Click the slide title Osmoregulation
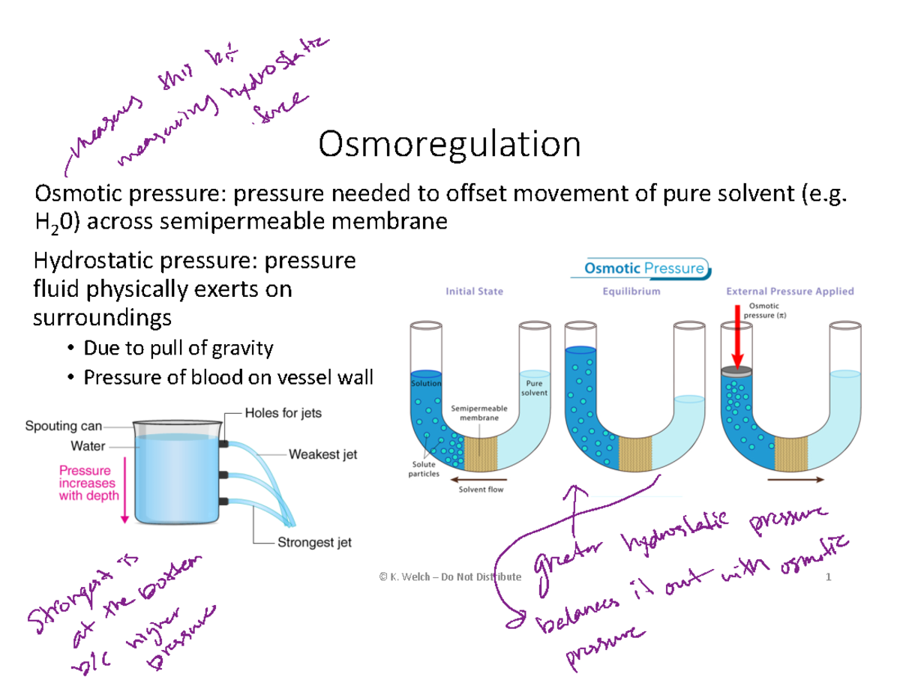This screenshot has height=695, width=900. (x=449, y=145)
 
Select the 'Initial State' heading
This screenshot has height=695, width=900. (x=475, y=291)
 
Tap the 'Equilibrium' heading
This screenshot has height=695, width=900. (x=631, y=291)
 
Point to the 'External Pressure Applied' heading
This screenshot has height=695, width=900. (x=789, y=291)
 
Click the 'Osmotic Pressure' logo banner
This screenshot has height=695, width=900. (x=643, y=268)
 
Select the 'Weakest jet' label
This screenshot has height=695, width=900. (x=322, y=454)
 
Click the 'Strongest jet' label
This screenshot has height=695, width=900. (x=315, y=543)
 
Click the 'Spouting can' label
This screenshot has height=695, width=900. (x=63, y=427)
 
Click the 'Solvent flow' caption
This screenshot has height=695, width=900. (x=481, y=490)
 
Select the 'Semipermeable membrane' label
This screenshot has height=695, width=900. (x=479, y=413)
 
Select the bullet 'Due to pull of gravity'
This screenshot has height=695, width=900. (x=178, y=348)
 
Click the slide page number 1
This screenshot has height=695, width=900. (x=829, y=577)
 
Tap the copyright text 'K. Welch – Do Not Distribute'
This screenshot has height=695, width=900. (x=449, y=577)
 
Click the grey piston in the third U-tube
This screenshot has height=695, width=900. (x=736, y=370)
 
